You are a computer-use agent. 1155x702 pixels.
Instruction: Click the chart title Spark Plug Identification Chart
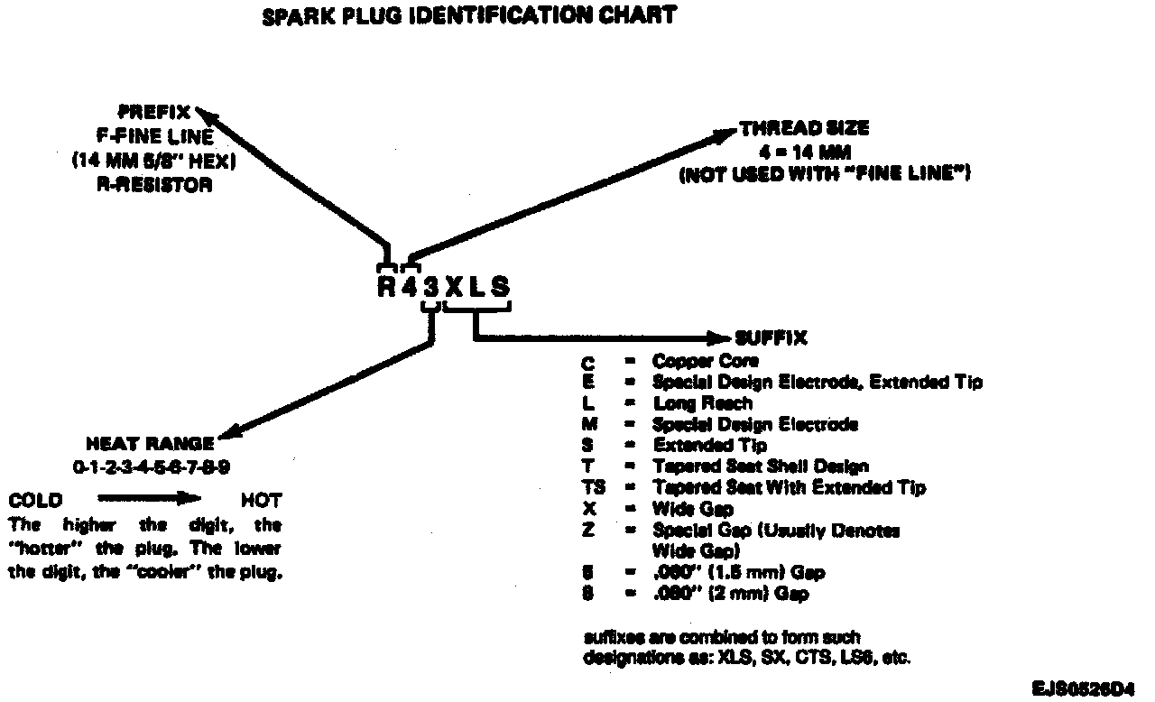coord(468,17)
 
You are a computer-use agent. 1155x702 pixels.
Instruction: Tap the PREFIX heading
coord(155,114)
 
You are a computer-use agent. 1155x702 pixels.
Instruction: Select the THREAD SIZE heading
coord(804,129)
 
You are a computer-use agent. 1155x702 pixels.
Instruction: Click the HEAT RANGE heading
coord(150,444)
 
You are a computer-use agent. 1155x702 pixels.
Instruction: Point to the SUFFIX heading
coord(771,339)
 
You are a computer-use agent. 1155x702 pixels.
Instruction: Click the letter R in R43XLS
coord(387,287)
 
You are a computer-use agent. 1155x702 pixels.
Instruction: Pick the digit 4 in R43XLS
coord(410,287)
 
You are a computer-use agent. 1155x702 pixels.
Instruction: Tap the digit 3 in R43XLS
coord(432,287)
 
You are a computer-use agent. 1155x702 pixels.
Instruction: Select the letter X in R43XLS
coord(455,287)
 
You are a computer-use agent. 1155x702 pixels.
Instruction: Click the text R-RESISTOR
coord(154,185)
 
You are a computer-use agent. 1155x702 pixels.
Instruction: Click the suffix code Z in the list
coord(589,531)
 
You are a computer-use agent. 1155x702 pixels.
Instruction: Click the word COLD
coord(35,500)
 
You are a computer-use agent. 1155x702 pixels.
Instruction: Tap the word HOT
coord(262,500)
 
